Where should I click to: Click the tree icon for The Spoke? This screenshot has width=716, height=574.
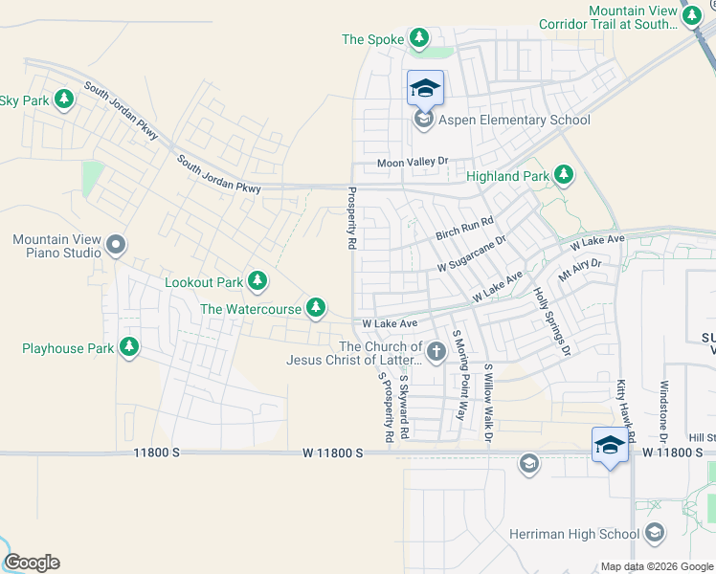tap(419, 38)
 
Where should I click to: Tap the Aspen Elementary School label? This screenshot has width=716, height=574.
tap(514, 121)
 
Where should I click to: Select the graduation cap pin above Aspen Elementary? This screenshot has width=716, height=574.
tap(425, 90)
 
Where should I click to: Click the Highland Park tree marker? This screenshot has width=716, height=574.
tap(564, 175)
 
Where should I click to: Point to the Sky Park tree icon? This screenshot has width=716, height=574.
tap(64, 99)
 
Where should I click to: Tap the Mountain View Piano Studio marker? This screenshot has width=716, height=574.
tap(116, 245)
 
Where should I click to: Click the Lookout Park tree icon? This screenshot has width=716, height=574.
tap(257, 281)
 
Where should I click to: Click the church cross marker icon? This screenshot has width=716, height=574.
tap(436, 352)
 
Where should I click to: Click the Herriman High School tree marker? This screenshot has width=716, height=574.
tap(656, 533)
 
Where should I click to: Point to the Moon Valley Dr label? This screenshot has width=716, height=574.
tap(412, 164)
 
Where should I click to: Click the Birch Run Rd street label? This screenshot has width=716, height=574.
tap(464, 228)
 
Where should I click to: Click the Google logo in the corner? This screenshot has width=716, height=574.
tap(31, 563)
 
